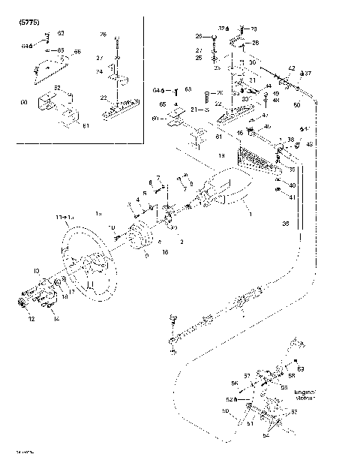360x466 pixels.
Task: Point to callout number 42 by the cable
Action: click(x=292, y=68)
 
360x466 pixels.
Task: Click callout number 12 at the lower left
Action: click(x=31, y=319)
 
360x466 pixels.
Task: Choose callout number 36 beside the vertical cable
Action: click(x=285, y=223)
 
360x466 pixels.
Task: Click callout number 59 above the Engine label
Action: click(x=301, y=369)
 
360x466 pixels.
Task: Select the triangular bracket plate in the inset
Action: click(x=47, y=71)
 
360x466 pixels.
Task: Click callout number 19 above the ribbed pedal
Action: click(x=221, y=155)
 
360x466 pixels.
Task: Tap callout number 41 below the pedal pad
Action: click(x=292, y=197)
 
